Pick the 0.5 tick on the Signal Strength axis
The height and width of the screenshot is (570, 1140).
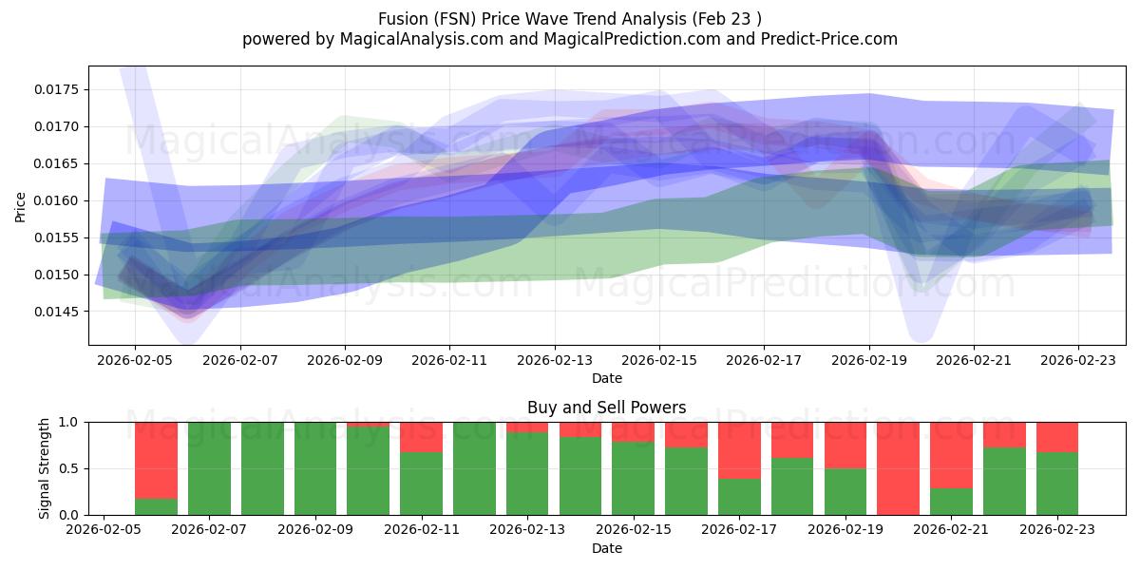[x=72, y=468]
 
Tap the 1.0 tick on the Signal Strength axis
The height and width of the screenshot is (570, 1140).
[x=72, y=422]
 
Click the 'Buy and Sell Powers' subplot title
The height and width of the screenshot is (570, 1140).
[x=607, y=408]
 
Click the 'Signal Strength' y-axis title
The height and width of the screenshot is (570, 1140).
[x=45, y=468]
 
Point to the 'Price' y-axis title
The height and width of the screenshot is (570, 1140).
[x=21, y=205]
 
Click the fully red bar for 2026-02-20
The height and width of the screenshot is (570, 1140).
[x=898, y=468]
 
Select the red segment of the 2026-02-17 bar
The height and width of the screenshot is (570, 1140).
[x=739, y=449]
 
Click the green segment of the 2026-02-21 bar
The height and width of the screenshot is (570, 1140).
[x=951, y=502]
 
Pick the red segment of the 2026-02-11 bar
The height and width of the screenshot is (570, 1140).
[x=421, y=436]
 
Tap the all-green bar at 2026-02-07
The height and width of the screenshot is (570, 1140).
[x=209, y=468]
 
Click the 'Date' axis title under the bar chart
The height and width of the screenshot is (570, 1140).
[x=607, y=548]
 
